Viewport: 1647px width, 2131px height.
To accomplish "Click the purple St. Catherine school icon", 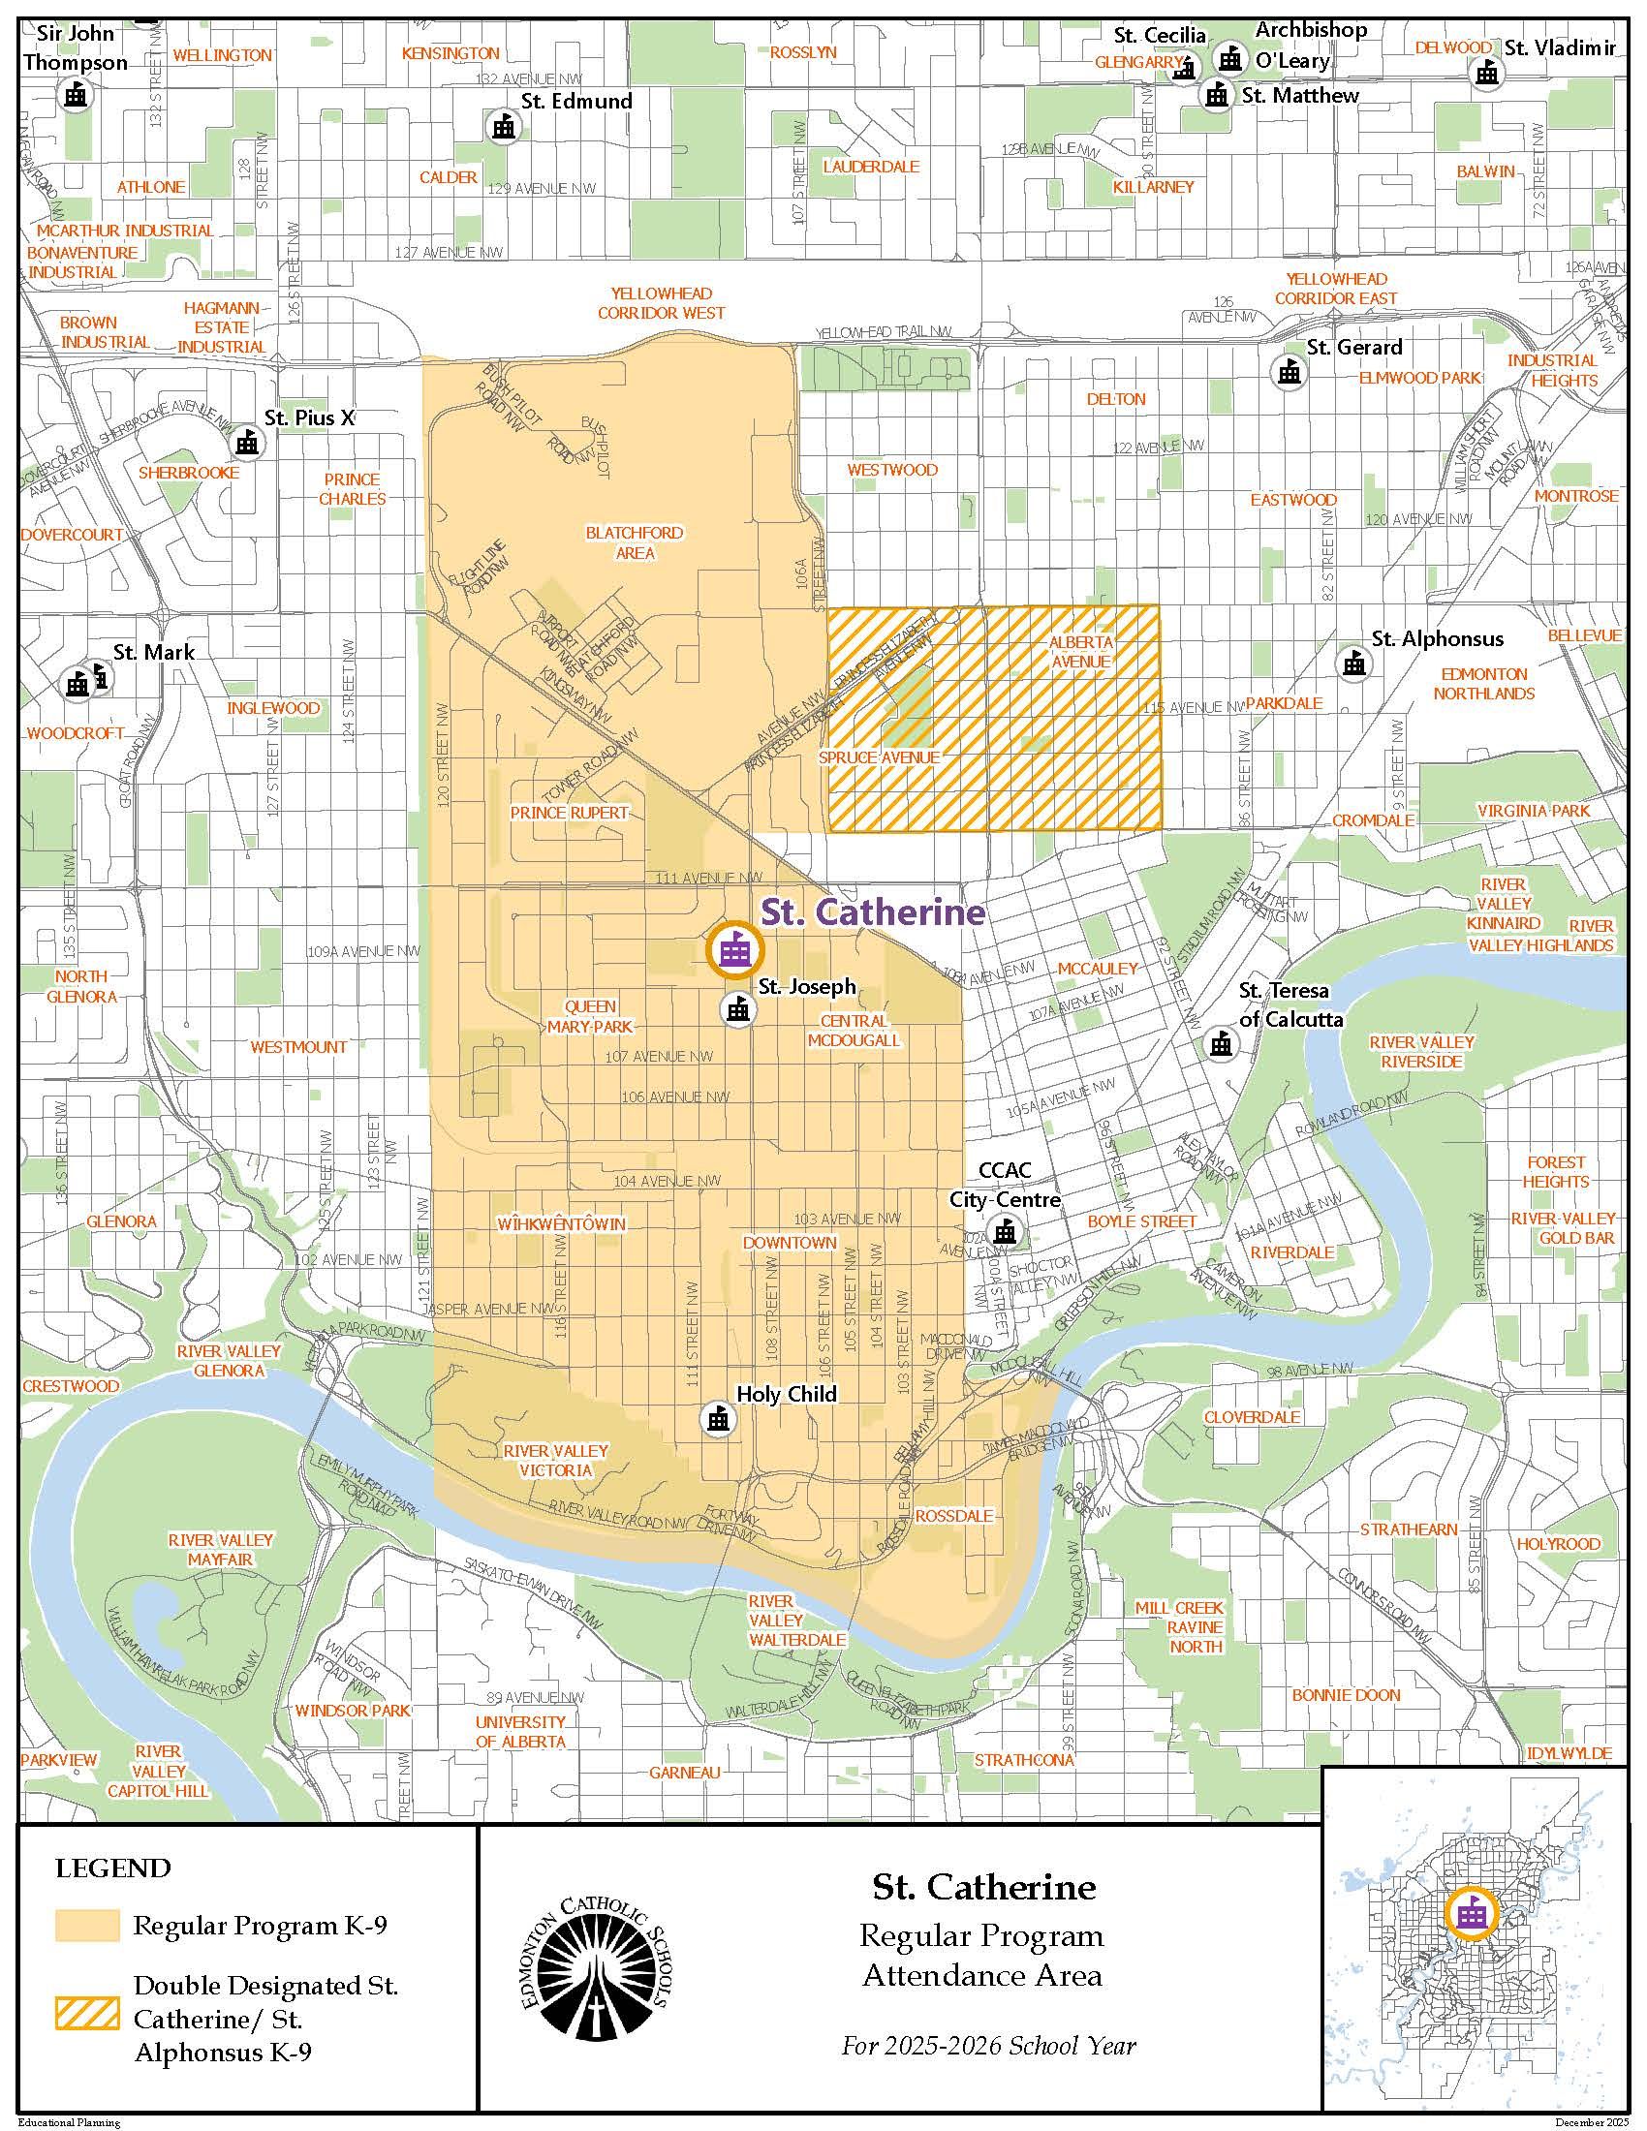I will point(731,949).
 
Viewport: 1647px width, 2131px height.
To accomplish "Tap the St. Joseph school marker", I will point(737,1009).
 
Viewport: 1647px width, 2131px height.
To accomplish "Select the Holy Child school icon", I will point(718,1419).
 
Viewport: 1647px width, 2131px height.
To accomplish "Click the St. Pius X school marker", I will point(246,443).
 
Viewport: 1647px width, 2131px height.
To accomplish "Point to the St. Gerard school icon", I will point(1289,370).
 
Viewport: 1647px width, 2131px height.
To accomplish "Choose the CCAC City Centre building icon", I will point(1002,1231).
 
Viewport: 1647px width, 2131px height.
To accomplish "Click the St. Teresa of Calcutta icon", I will point(1220,1043).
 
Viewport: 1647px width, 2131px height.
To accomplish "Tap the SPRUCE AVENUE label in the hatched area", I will point(879,757).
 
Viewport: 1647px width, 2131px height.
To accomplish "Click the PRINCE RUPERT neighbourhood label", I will point(569,812).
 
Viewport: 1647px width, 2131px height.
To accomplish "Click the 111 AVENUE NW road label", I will point(697,879).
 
